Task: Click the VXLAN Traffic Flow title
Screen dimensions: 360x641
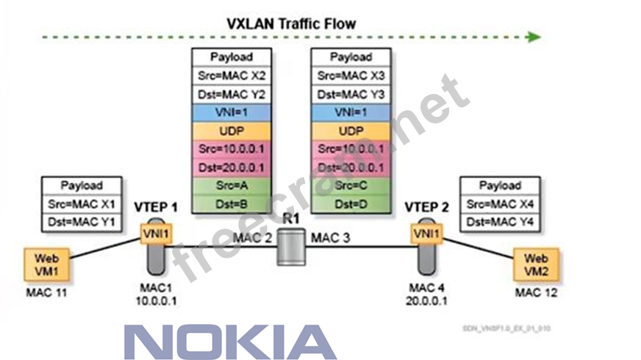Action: coord(291,24)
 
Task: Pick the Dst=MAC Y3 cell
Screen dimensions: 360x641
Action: coord(351,94)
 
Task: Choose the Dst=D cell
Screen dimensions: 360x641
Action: coord(351,204)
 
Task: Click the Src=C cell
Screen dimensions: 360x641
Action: coord(351,186)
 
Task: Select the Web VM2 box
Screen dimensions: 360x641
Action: coord(536,265)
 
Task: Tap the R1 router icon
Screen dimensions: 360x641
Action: coord(290,246)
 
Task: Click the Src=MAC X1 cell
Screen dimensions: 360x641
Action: coord(81,203)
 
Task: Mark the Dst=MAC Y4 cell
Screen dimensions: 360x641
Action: coord(499,221)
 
